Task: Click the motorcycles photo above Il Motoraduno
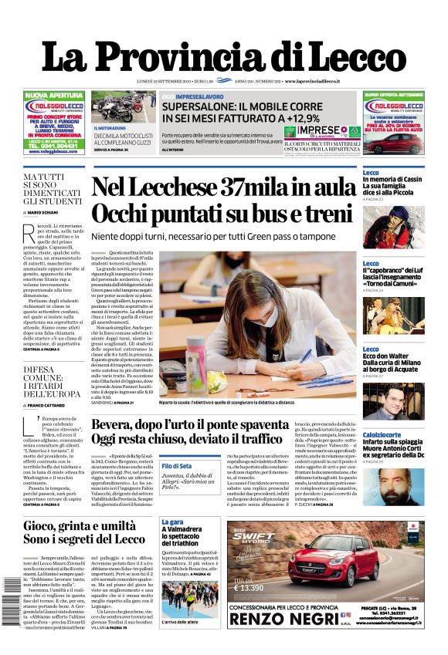point(124,107)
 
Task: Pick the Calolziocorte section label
point(382,435)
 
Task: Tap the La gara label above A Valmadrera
point(171,522)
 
